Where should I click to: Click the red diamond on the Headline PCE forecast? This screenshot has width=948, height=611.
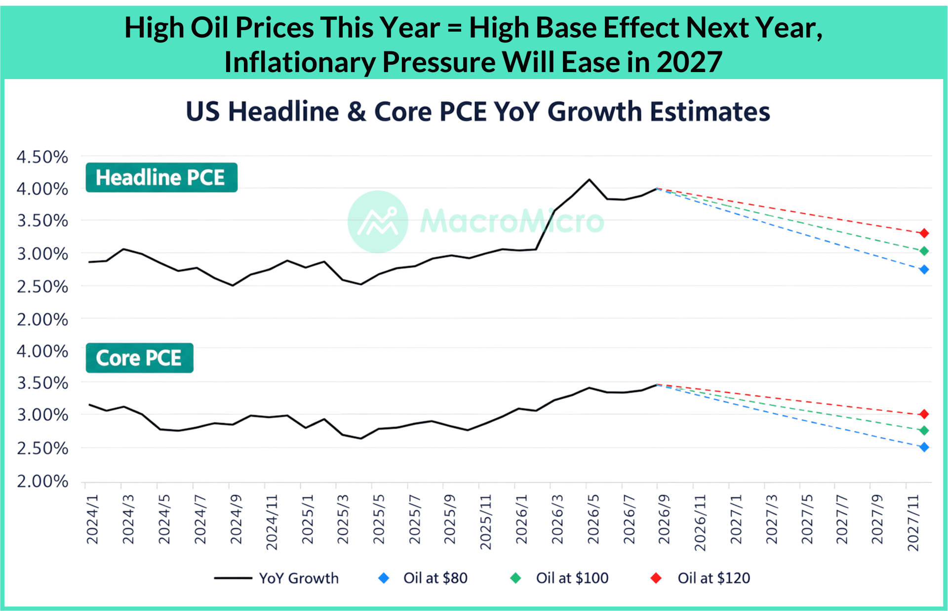(924, 233)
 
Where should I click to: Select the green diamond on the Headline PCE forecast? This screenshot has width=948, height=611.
(924, 251)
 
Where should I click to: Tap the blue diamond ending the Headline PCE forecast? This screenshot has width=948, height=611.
(924, 270)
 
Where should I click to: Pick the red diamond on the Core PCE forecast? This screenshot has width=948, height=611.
(924, 414)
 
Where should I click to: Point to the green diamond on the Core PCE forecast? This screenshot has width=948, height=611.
(924, 431)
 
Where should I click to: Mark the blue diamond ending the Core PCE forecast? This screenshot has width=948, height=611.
(924, 448)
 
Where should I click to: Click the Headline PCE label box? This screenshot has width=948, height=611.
(161, 177)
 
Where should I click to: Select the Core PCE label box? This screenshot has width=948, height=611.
(140, 358)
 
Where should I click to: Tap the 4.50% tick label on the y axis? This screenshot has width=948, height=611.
(42, 157)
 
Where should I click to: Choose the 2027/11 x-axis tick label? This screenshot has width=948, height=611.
(913, 523)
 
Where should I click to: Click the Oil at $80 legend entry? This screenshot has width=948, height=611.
(423, 578)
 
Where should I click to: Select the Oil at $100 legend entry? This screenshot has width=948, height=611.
(559, 578)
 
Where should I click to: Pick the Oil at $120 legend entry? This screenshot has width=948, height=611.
(700, 578)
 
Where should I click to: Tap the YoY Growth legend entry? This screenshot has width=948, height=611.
(276, 578)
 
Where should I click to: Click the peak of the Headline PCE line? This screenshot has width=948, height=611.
(589, 179)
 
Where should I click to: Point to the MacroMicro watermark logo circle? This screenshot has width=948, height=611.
(378, 222)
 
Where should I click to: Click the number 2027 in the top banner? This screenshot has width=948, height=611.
(690, 62)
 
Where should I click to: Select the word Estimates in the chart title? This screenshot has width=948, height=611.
(710, 112)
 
